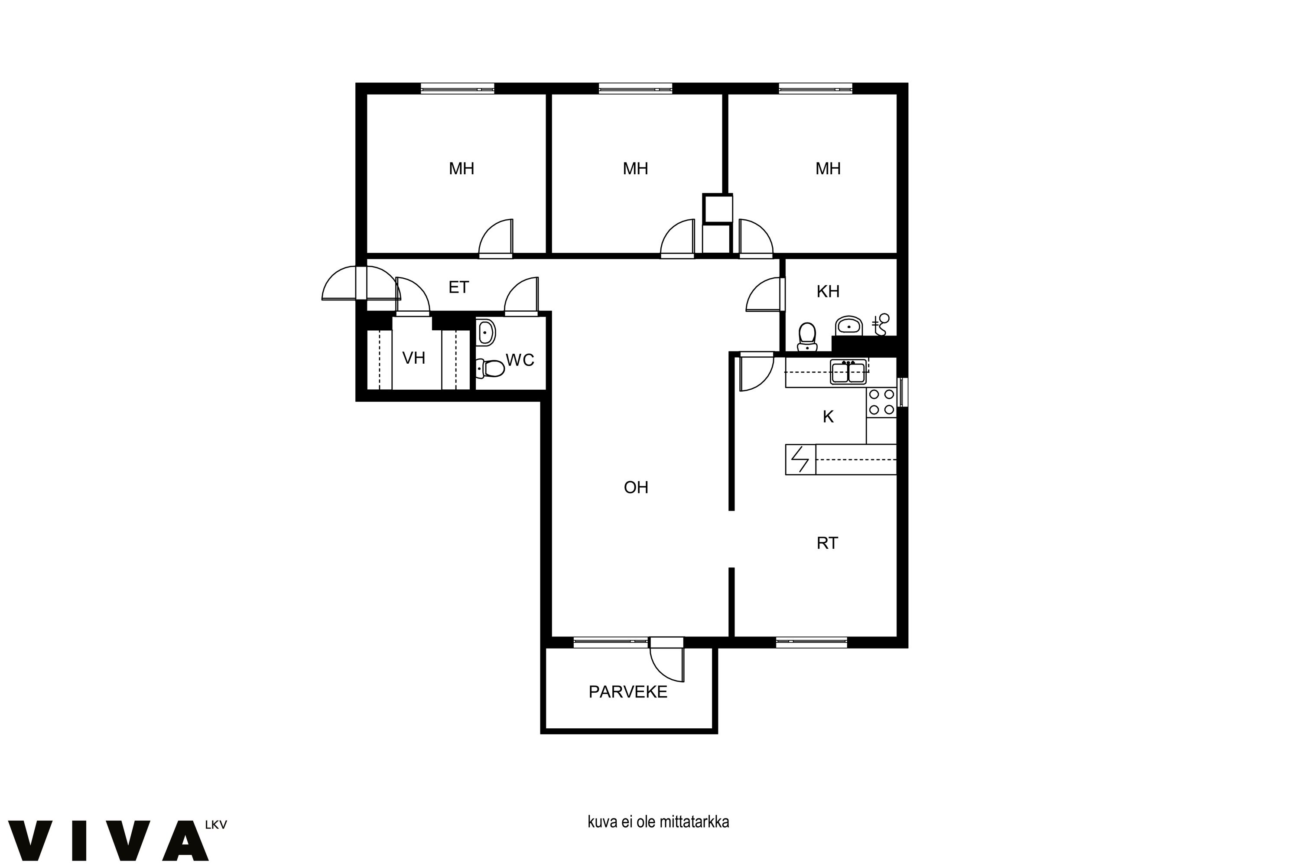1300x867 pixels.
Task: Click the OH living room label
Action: click(636, 487)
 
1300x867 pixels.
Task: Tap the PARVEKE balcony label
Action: click(628, 692)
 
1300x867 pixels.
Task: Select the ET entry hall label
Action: click(459, 287)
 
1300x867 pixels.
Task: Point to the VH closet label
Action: click(413, 359)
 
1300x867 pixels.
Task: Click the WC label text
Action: click(520, 360)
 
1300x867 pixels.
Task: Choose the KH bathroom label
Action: click(828, 291)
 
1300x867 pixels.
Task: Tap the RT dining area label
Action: click(827, 543)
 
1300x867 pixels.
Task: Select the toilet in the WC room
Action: click(490, 368)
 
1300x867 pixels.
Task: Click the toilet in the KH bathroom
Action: click(808, 337)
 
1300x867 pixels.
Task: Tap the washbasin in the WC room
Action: click(485, 333)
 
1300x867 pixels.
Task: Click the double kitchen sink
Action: click(848, 372)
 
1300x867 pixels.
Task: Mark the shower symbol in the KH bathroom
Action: click(881, 325)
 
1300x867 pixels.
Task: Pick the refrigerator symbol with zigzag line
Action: click(800, 460)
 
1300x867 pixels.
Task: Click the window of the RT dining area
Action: click(811, 642)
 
